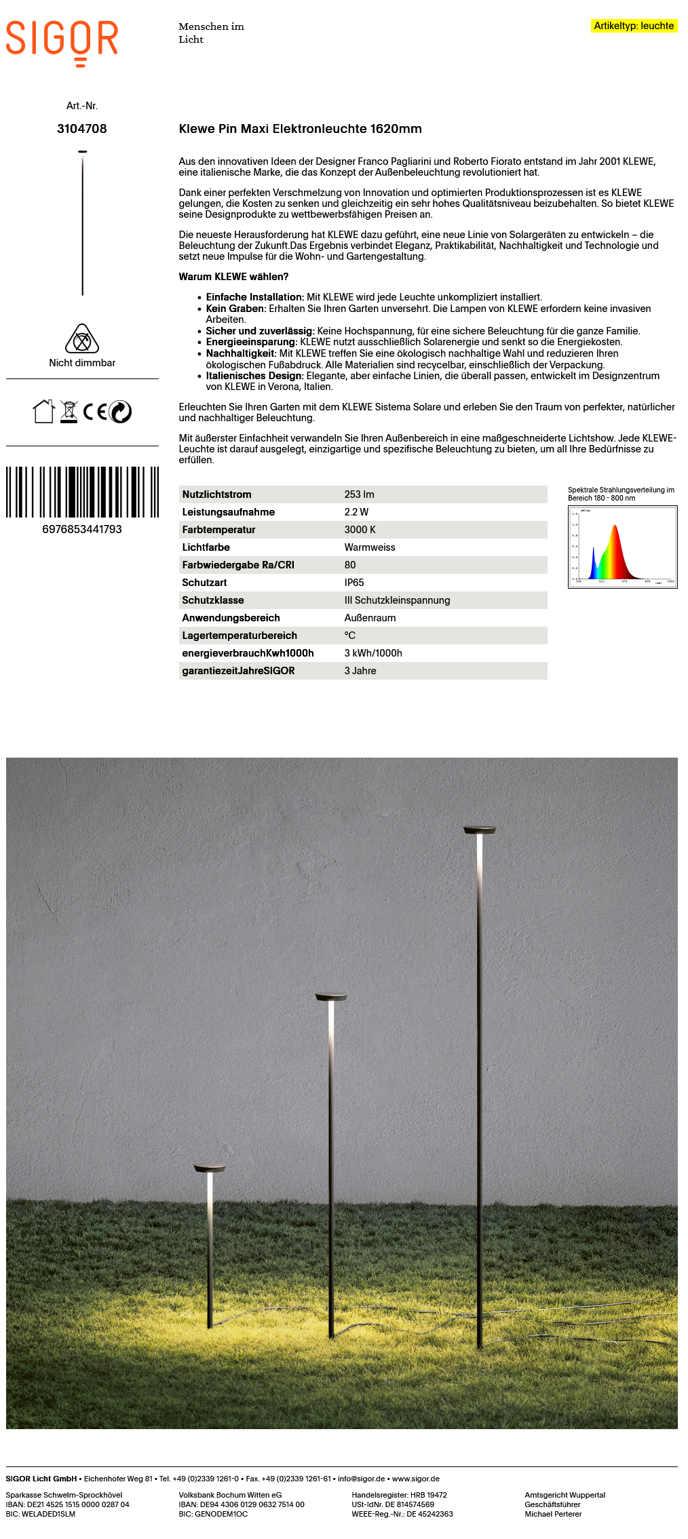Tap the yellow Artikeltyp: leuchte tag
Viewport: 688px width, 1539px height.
click(634, 26)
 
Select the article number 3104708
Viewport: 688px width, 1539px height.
click(82, 129)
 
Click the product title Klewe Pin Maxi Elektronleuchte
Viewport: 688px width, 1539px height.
click(300, 129)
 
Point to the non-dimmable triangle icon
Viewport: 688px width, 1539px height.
click(82, 338)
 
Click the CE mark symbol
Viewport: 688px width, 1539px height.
click(95, 412)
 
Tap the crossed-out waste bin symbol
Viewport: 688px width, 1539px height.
click(69, 412)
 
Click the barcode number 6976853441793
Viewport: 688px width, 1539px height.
click(82, 529)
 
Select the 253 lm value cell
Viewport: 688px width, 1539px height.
click(359, 494)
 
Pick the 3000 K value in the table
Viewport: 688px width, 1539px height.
click(360, 530)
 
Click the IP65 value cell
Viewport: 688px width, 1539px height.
click(354, 583)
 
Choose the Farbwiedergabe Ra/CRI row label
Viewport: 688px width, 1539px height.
click(238, 565)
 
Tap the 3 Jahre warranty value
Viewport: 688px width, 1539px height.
click(360, 671)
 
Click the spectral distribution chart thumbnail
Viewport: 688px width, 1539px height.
click(622, 547)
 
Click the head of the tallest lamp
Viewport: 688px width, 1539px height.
click(479, 830)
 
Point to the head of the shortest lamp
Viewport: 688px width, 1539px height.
click(210, 1168)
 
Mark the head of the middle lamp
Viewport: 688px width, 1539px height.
click(331, 997)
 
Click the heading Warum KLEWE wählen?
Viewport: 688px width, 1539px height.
click(233, 277)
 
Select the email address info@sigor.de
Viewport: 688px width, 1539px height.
click(361, 1479)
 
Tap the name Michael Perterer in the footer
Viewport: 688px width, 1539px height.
click(553, 1514)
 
